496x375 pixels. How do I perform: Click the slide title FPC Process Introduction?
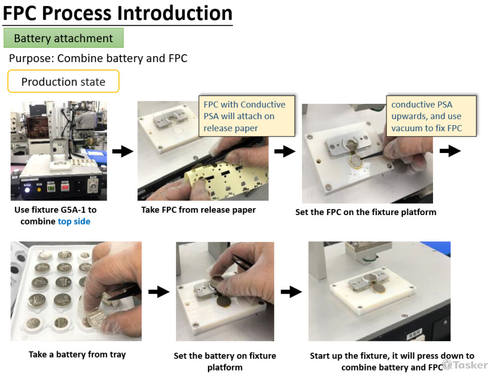(x=118, y=13)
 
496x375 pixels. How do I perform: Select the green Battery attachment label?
(x=63, y=38)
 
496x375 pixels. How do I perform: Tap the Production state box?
(x=63, y=81)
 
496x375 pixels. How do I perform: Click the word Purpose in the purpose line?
(x=31, y=58)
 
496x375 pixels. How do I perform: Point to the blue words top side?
(x=74, y=222)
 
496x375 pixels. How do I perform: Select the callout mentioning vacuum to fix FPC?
(x=431, y=116)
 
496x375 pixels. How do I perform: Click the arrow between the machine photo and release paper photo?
(x=123, y=151)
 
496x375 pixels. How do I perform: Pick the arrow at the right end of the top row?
(x=450, y=150)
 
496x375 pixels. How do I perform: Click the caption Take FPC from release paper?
(x=198, y=210)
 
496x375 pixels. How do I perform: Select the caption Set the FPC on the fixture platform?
(x=366, y=212)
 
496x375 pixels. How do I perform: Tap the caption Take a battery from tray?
(x=77, y=354)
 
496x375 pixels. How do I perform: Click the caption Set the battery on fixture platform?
(x=225, y=362)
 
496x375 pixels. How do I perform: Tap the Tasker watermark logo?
(x=465, y=365)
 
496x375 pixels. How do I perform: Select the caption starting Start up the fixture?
(x=392, y=362)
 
